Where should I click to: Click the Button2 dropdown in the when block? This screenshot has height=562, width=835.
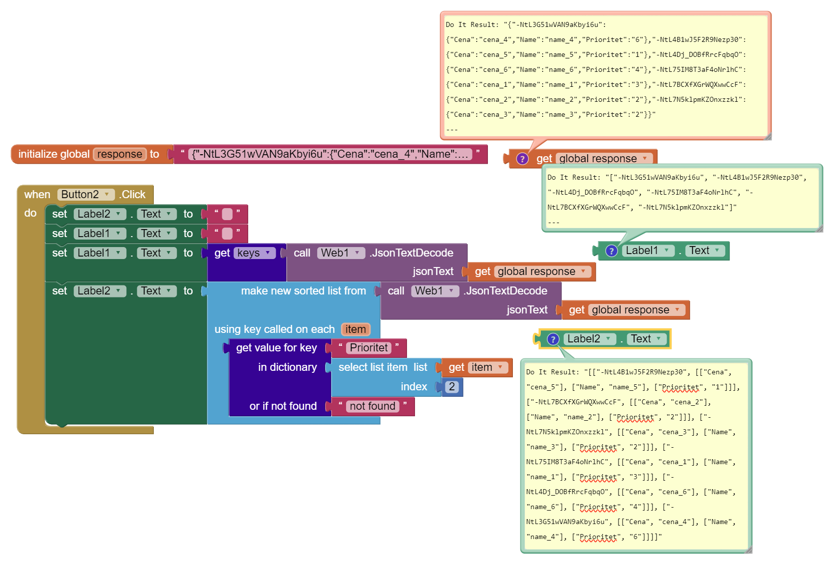pos(85,195)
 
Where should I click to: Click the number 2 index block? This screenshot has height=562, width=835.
pos(452,387)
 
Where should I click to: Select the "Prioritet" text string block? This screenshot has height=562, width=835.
pos(369,347)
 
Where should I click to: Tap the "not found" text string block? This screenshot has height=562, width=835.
pos(373,406)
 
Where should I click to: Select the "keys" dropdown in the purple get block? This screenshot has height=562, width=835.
pos(254,253)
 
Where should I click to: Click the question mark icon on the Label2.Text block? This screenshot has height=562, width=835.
pos(553,339)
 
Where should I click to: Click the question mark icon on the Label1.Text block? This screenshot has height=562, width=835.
pos(611,251)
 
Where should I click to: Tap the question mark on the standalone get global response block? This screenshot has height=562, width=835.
pos(522,159)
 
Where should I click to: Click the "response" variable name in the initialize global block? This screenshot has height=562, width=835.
pos(120,154)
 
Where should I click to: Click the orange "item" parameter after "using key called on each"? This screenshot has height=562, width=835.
pos(355,329)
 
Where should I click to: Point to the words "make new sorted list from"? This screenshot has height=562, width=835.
pos(304,291)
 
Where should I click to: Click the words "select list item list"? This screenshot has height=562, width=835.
pos(383,367)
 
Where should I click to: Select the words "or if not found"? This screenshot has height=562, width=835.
pos(283,406)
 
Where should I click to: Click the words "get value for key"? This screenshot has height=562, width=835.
pos(276,347)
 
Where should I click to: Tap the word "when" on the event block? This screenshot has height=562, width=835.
pos(37,195)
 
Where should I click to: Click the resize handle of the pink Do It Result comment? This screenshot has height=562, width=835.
pos(768,137)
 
